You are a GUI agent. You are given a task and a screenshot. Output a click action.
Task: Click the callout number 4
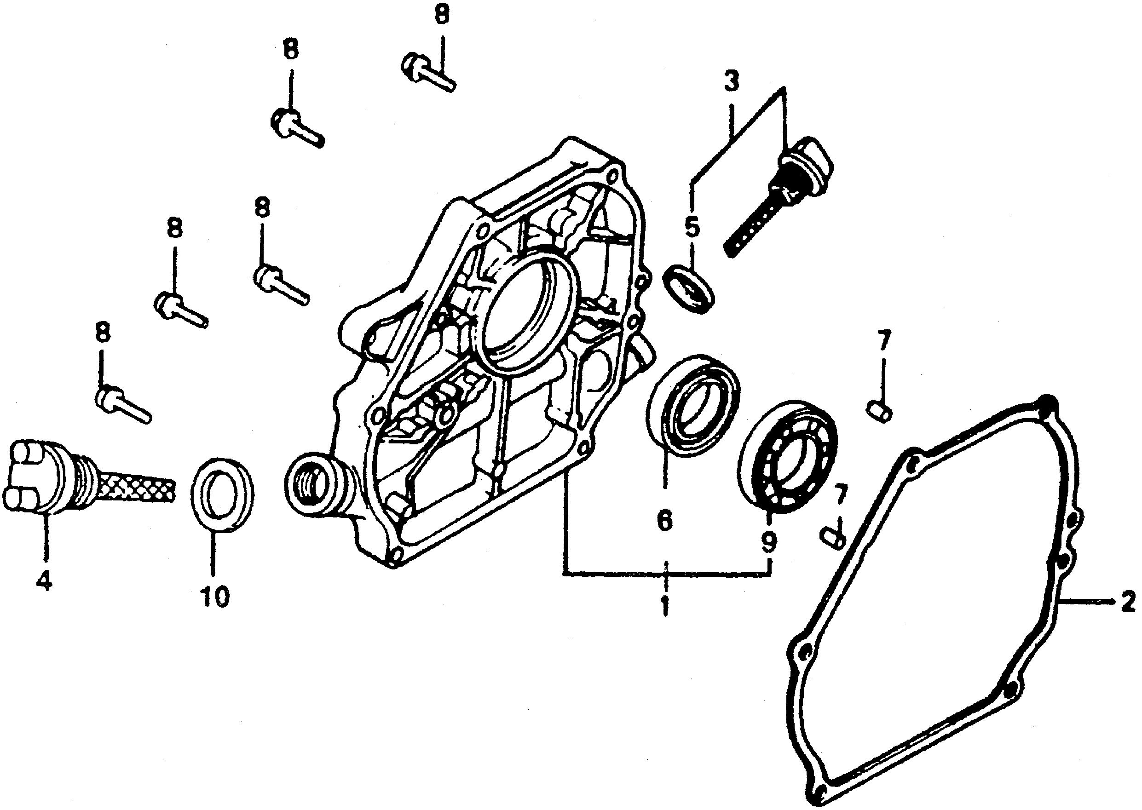(x=44, y=580)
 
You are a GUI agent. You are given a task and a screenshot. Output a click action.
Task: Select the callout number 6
(x=664, y=520)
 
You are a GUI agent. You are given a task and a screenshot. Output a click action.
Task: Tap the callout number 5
(x=692, y=227)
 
